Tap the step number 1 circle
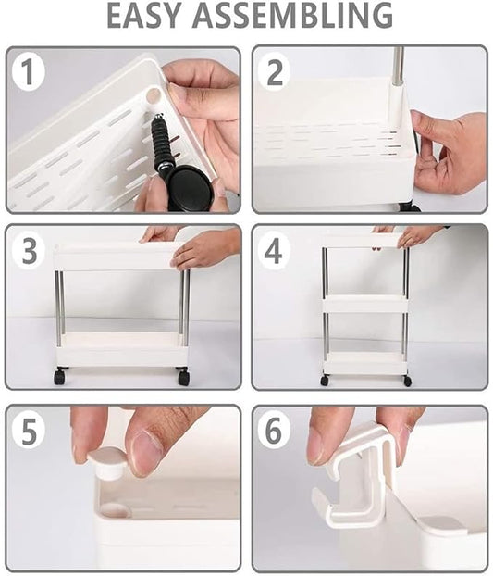[28, 72]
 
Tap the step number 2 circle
[274, 72]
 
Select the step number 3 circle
[28, 251]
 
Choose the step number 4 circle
[274, 251]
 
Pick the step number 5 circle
[28, 431]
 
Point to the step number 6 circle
[274, 431]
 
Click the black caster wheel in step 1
[191, 187]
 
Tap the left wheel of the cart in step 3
[60, 376]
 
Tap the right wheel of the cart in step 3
[183, 377]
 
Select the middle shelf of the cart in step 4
[364, 304]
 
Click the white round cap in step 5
[108, 461]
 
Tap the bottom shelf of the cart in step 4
[364, 363]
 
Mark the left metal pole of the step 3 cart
[59, 306]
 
